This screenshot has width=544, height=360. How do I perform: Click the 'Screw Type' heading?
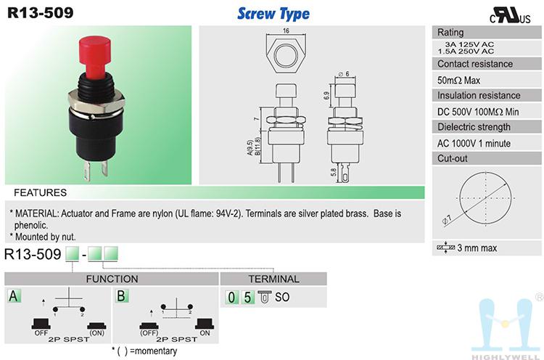[x=273, y=14]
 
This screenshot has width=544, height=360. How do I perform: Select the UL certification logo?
[x=510, y=15]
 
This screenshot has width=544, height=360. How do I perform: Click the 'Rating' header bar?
[x=487, y=32]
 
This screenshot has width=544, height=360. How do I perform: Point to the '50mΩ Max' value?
[x=458, y=80]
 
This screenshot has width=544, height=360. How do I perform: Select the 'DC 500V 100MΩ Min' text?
[x=478, y=112]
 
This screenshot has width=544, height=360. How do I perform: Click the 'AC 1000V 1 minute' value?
[x=474, y=144]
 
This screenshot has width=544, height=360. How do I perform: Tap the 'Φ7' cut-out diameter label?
[x=447, y=220]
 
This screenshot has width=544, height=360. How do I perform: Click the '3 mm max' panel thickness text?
[x=477, y=248]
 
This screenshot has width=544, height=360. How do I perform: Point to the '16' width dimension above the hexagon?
[x=286, y=30]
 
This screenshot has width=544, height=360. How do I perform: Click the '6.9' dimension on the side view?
[x=326, y=96]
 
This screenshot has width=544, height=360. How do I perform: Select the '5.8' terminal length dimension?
[x=334, y=172]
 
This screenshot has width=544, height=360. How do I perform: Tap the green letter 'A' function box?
[x=14, y=296]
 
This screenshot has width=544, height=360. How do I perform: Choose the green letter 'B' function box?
[x=121, y=296]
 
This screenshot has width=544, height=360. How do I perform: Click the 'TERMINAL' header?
[x=273, y=279]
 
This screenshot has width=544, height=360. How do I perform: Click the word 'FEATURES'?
[x=40, y=192]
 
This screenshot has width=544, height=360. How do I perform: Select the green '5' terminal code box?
[x=247, y=297]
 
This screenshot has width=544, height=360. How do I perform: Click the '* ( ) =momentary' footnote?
[x=144, y=351]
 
